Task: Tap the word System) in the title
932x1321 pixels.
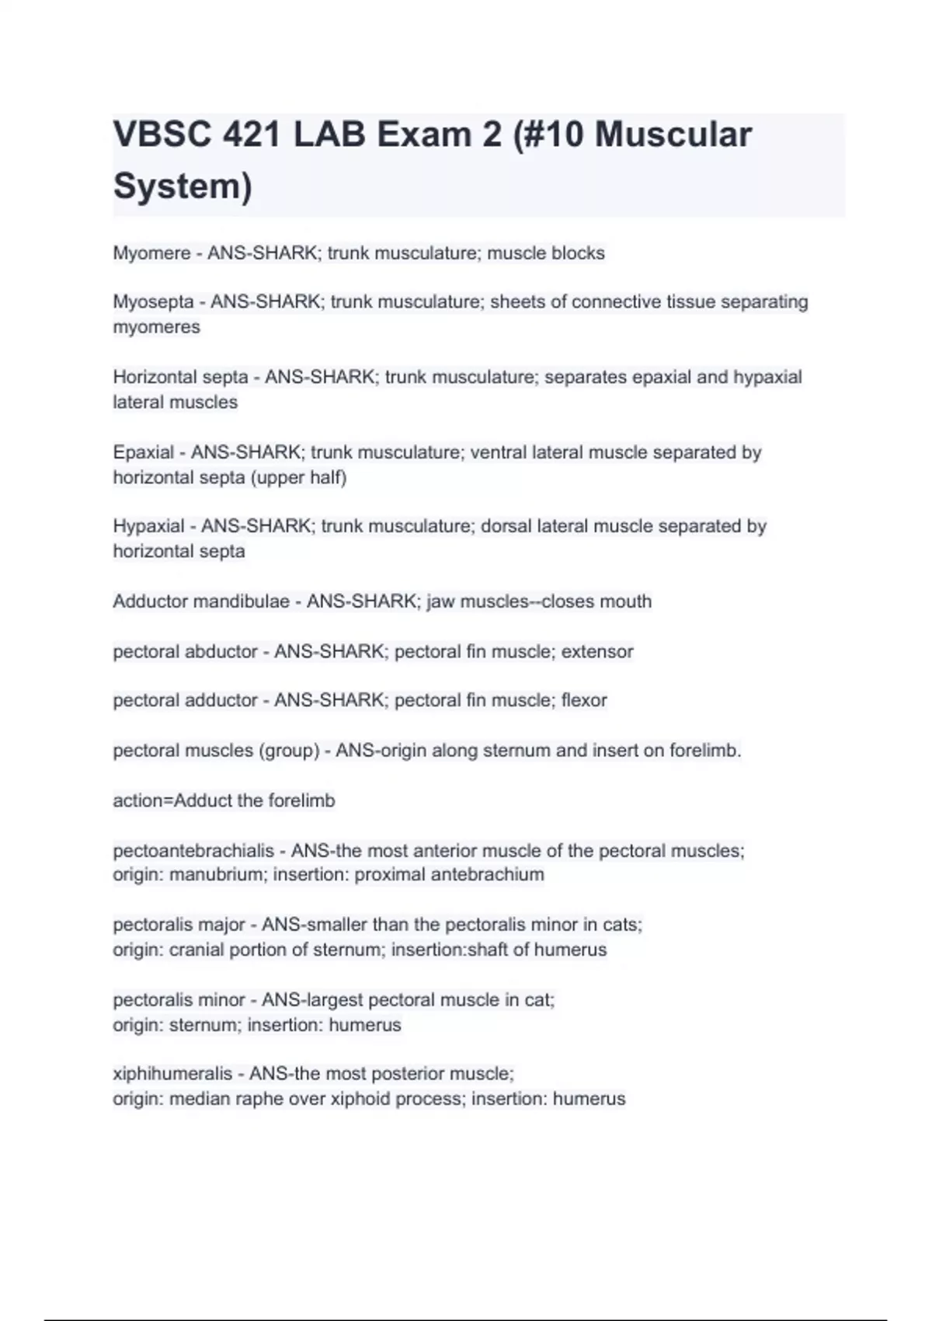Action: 183,186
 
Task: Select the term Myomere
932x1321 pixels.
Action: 151,253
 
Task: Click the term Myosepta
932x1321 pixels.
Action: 153,301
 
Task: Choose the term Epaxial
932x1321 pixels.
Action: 143,452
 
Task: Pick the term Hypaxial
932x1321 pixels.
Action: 148,526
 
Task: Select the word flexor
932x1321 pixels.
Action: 584,700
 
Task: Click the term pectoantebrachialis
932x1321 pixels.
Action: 193,851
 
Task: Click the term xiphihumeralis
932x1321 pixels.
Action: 172,1074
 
